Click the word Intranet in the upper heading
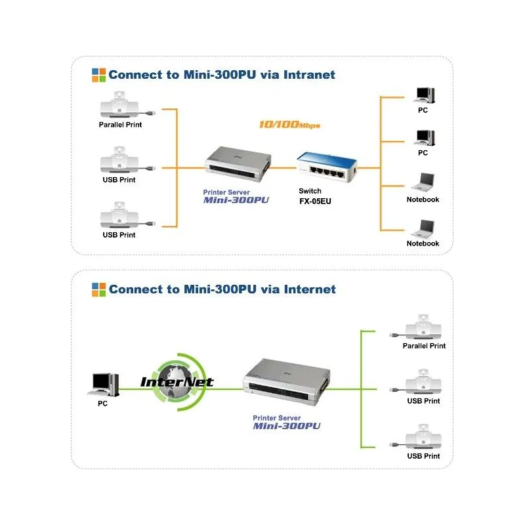pos(303,75)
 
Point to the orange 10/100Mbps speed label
pos(289,125)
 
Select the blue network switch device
pos(324,168)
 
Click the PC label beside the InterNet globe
pos(102,404)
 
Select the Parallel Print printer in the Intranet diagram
pos(122,105)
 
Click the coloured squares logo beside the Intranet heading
pos(98,74)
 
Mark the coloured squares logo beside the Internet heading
pos(98,289)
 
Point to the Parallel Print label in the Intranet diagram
pos(120,125)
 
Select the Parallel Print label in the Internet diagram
pos(424,346)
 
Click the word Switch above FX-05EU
pos(310,192)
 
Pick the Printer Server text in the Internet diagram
pos(276,417)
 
